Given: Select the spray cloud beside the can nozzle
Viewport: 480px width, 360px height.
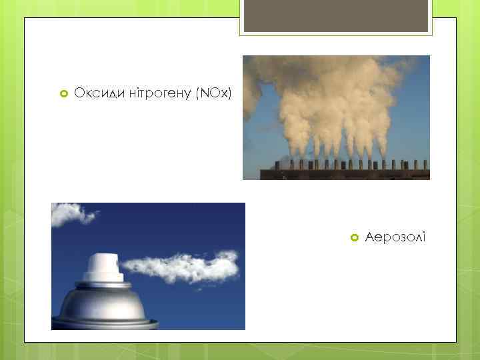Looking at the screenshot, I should [x=180, y=265].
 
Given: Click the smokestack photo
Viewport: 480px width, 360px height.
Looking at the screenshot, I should [x=336, y=117].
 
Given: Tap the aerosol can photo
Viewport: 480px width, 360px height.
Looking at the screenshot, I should [x=148, y=266].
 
